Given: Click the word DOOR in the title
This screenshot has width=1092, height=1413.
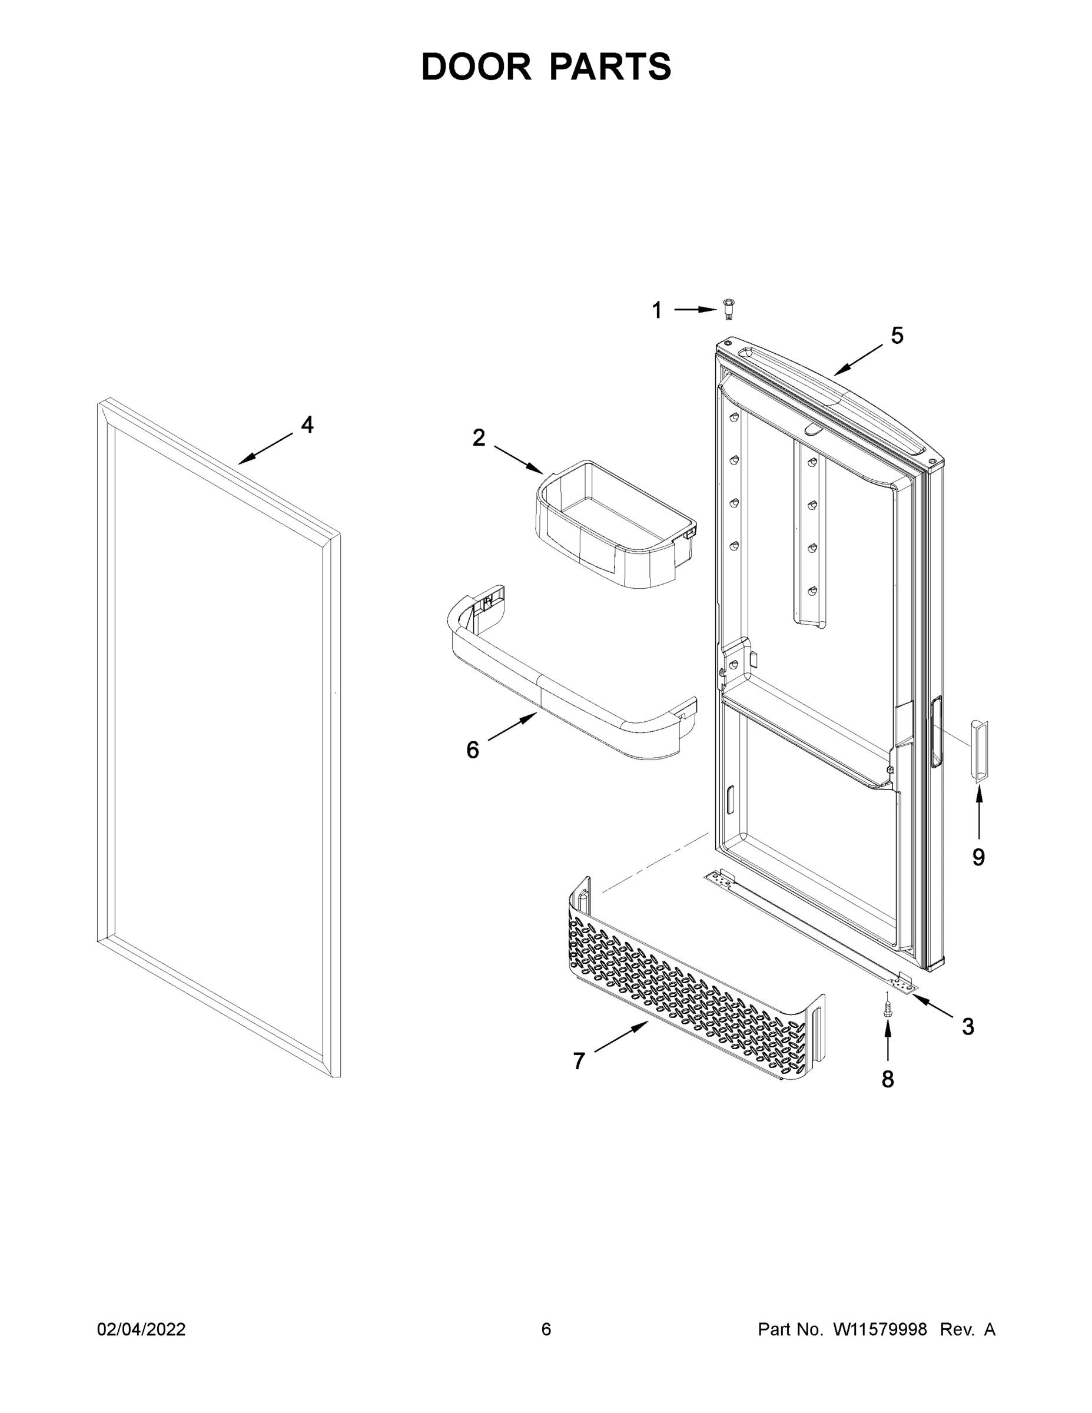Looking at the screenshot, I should [x=476, y=67].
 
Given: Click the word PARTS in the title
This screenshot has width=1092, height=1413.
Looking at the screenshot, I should [x=610, y=67].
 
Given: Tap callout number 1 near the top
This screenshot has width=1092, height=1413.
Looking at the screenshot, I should [x=656, y=310].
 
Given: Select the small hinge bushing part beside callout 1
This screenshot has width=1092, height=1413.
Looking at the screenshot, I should [x=729, y=309].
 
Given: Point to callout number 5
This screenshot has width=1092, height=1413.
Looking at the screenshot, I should [x=897, y=335].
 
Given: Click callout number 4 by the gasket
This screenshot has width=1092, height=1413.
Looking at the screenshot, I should [x=307, y=425].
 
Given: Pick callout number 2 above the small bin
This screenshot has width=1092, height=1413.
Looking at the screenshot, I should [x=479, y=438].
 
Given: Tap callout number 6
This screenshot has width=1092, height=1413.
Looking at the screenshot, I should [x=473, y=750].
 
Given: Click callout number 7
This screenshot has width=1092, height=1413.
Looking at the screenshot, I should [x=579, y=1061].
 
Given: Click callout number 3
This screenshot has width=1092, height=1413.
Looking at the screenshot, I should [x=968, y=1027].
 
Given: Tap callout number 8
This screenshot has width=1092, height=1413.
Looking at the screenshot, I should [x=888, y=1079].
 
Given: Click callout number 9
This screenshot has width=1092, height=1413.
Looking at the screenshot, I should [x=978, y=857].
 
